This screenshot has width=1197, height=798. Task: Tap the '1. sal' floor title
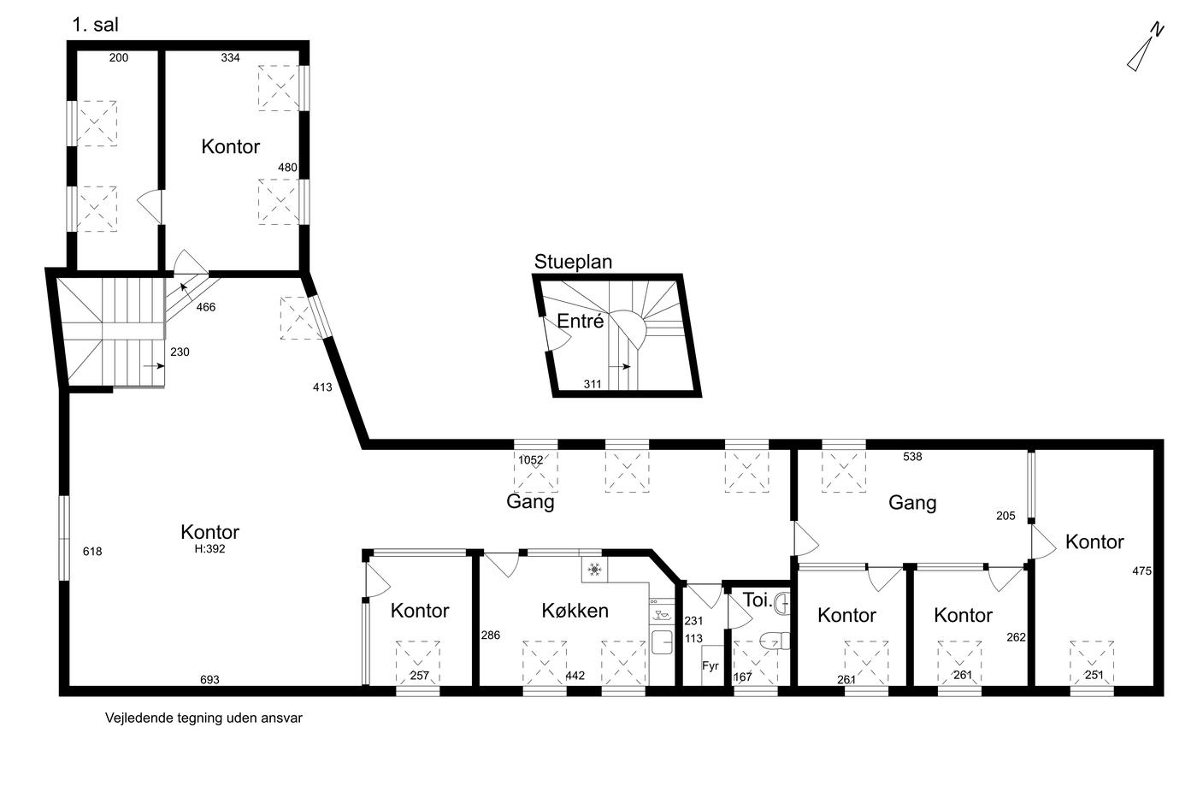coord(95,25)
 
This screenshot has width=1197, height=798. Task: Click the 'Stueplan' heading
coord(573,262)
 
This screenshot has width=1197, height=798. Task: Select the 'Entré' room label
coord(581,321)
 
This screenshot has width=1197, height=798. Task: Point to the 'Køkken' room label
coord(575,611)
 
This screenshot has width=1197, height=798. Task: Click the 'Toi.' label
coord(758,600)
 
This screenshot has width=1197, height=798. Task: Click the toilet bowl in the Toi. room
coord(775,640)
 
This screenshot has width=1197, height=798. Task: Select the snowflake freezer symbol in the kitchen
coord(594,570)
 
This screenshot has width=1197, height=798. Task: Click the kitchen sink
coord(662,642)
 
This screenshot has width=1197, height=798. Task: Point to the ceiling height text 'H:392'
coord(210,549)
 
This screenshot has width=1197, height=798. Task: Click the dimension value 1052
coord(531,459)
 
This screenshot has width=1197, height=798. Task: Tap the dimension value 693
coord(209,679)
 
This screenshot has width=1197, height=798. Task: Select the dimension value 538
coord(912,457)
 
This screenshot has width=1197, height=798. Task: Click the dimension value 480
coord(287,168)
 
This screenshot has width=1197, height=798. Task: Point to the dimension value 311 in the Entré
coord(592,384)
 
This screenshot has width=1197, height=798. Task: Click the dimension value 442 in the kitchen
coord(575,676)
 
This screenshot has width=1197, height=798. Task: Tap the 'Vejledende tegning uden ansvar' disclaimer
coord(203,718)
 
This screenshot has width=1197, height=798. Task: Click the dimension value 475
coord(1142,570)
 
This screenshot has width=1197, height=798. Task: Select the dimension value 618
coord(92,551)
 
